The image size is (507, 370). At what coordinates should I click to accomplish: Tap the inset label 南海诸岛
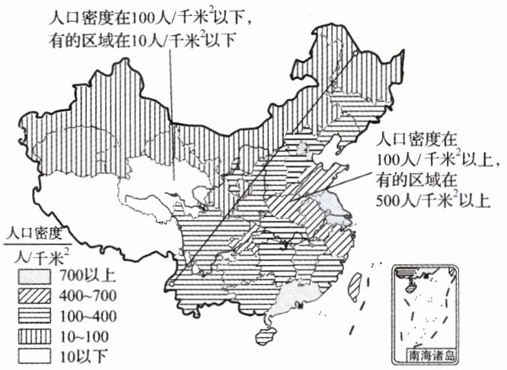(x=431, y=355)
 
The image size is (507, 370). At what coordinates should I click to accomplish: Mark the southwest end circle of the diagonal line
(x=173, y=283)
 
